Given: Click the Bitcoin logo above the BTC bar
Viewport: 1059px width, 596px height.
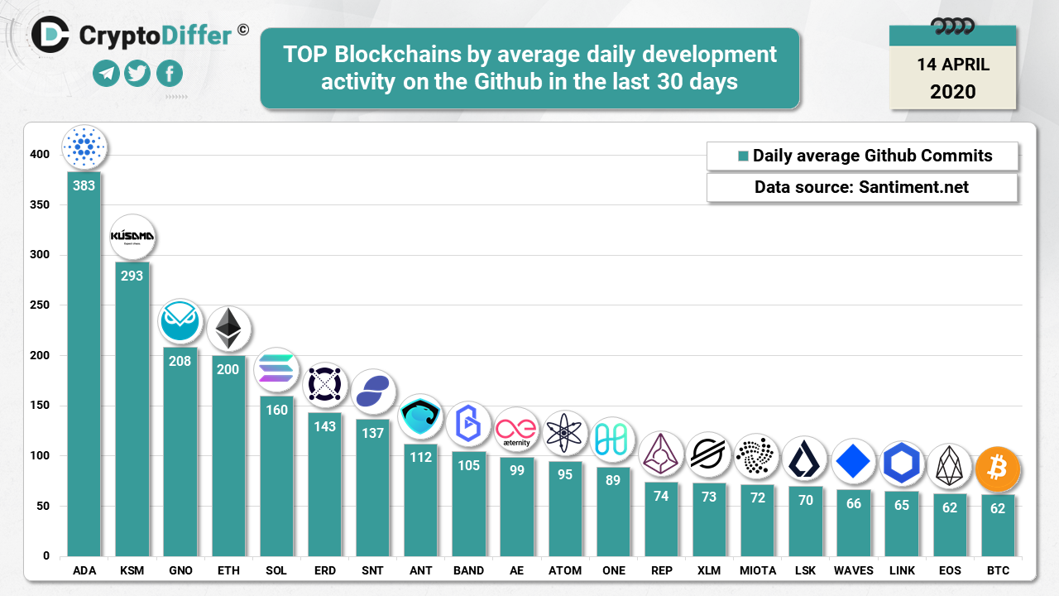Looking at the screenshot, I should (998, 469).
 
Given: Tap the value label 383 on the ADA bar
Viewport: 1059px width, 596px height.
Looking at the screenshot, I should (84, 185).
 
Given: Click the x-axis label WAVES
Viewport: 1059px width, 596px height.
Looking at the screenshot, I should (854, 571).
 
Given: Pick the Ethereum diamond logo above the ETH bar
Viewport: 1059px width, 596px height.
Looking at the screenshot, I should (228, 329).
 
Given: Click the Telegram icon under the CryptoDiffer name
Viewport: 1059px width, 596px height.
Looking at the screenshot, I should (105, 74).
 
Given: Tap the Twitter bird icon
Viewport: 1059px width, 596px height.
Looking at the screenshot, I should (137, 74).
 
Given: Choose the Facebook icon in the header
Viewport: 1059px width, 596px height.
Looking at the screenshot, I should (170, 74).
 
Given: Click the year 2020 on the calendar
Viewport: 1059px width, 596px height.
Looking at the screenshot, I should (952, 91).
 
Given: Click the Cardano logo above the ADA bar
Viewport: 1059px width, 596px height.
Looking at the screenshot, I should (84, 147).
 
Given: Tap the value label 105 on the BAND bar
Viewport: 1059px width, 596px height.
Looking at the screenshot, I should (468, 465).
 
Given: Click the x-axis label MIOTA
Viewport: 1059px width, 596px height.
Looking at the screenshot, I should (758, 571).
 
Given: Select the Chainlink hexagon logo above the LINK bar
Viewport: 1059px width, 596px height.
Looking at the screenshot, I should (902, 463).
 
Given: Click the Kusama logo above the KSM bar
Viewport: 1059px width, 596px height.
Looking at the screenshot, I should (132, 238).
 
